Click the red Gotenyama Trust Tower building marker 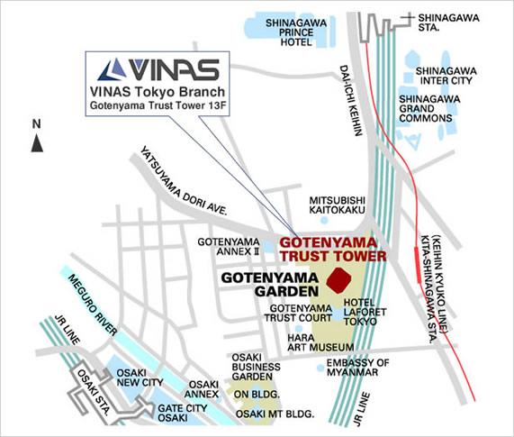coord(339,280)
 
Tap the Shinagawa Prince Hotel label coord(296,32)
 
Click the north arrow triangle coord(37,143)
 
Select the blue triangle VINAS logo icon coord(113,69)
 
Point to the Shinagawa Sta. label coord(448,23)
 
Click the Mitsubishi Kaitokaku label coord(337,205)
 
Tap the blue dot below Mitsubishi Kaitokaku coord(324,220)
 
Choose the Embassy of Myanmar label coord(357,368)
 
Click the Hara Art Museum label coord(320,342)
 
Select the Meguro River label coord(93,305)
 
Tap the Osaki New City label coord(140,378)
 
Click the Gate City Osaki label coord(182,413)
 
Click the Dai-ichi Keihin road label coord(351,100)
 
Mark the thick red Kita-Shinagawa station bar coord(417,264)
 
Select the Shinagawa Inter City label coord(446,76)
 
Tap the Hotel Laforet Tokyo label coord(365,312)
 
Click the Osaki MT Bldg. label coord(275,414)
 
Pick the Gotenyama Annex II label coord(229,247)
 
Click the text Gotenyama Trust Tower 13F coord(158,105)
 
